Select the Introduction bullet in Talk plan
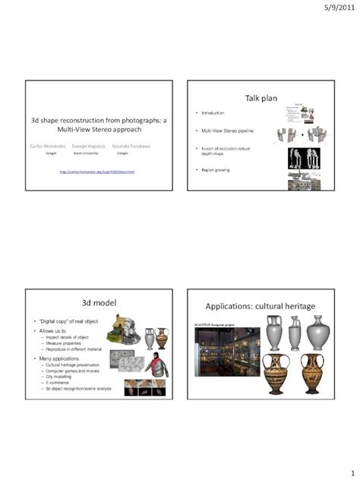pos(214,112)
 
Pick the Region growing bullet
pos(216,169)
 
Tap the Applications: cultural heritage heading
pos(261,306)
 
